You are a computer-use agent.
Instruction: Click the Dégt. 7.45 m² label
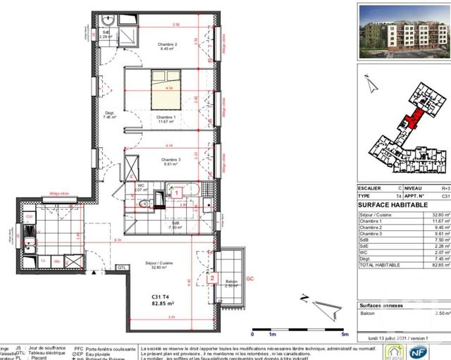point(109,116)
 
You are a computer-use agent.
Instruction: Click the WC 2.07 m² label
point(141,188)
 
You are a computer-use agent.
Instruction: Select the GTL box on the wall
point(121,268)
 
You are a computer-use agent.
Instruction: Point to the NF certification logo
point(438,350)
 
